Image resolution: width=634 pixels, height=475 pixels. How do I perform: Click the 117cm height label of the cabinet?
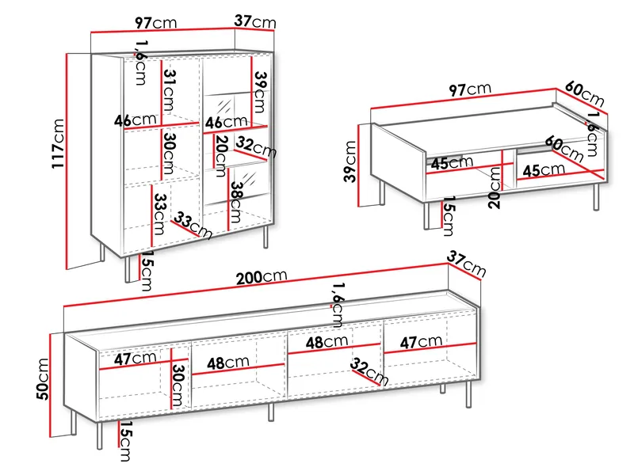(x=58, y=143)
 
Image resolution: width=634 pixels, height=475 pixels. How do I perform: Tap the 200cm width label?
(x=262, y=277)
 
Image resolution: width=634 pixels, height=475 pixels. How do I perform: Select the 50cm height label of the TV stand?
(x=43, y=379)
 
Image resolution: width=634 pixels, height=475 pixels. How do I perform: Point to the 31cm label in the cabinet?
(x=170, y=90)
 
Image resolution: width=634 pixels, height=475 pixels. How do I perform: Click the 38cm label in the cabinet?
(x=237, y=202)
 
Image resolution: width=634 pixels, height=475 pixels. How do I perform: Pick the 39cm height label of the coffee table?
(x=350, y=161)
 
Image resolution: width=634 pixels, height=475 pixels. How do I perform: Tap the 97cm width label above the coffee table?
(x=470, y=89)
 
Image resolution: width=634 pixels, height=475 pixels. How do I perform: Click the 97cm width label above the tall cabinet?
(x=155, y=23)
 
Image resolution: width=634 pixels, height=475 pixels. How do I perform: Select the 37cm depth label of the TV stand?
(x=466, y=264)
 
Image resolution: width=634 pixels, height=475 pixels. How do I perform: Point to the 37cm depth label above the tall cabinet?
(x=255, y=21)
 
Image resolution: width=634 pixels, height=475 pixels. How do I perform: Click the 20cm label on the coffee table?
(x=495, y=188)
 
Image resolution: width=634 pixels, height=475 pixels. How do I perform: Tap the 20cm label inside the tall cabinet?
(x=221, y=156)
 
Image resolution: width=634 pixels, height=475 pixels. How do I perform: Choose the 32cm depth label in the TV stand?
(x=369, y=371)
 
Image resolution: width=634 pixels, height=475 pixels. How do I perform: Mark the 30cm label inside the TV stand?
(x=178, y=386)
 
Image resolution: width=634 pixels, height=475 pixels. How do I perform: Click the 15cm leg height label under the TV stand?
(x=125, y=441)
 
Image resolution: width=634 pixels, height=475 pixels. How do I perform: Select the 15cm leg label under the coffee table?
(x=449, y=215)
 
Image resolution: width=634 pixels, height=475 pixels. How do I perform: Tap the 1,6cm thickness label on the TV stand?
(x=338, y=305)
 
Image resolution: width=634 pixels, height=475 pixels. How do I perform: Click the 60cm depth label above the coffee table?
(x=584, y=93)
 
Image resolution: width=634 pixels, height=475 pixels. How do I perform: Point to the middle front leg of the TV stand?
(x=271, y=412)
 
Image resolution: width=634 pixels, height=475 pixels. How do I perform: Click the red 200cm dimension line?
(x=255, y=285)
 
